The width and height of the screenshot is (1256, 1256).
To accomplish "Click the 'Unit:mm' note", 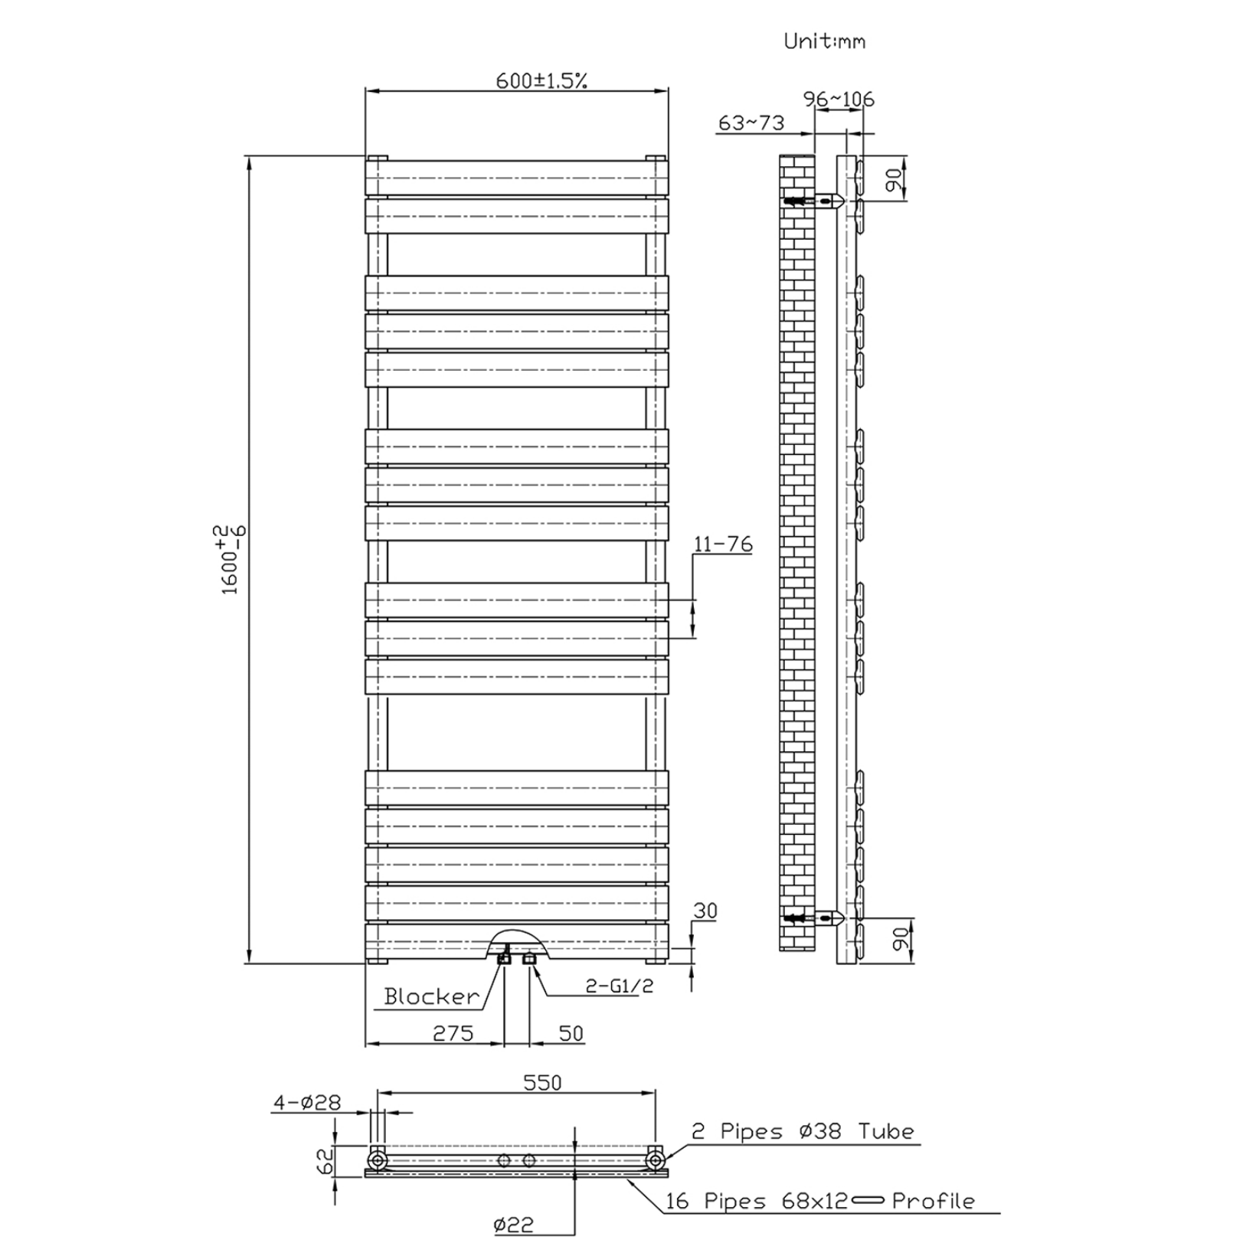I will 824,41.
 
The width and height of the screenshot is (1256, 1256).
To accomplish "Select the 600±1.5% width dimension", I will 541,80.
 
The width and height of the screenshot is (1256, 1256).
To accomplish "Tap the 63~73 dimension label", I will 751,123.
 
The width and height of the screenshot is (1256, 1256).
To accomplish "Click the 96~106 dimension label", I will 839,99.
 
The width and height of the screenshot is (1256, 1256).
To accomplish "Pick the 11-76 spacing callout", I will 722,544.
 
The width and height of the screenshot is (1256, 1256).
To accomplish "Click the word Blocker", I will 431,996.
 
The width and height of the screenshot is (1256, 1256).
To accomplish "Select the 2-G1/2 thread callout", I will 619,986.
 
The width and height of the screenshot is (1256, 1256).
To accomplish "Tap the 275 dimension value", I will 453,1033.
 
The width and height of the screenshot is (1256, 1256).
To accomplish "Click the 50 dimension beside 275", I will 571,1033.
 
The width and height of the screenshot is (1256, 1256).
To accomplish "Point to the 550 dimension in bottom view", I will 542,1082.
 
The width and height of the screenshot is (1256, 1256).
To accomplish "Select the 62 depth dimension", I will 325,1161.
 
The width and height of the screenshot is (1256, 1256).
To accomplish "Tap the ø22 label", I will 514,1225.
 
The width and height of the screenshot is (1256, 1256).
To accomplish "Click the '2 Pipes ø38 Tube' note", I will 803,1131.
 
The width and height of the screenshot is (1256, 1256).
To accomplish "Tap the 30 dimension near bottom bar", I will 705,911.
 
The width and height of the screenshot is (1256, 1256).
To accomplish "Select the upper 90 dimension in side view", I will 893,181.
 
